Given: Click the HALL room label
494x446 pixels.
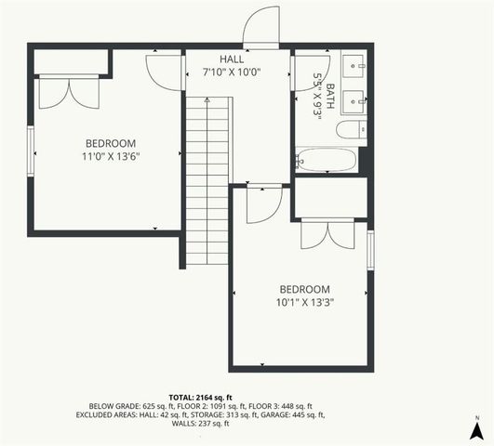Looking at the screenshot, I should [x=231, y=59].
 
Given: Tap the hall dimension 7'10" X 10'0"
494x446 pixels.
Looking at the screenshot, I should [x=231, y=71].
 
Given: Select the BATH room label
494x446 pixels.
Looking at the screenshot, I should [x=328, y=93].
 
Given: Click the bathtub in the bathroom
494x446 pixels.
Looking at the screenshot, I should [x=327, y=160].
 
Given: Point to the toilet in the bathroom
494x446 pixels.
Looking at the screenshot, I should [x=352, y=130].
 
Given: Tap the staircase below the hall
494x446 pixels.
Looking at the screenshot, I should [x=207, y=177].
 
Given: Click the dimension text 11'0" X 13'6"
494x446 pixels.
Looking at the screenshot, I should [x=111, y=157].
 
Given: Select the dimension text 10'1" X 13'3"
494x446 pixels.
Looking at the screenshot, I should [x=305, y=302].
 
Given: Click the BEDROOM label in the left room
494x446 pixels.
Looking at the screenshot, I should [x=111, y=143].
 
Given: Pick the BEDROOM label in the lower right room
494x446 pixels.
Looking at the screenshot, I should [x=305, y=288].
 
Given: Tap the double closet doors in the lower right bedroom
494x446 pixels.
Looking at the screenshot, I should [x=327, y=234].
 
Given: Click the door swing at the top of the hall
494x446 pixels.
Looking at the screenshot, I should [x=260, y=28].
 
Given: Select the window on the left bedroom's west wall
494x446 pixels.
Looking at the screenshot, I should [x=33, y=150].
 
